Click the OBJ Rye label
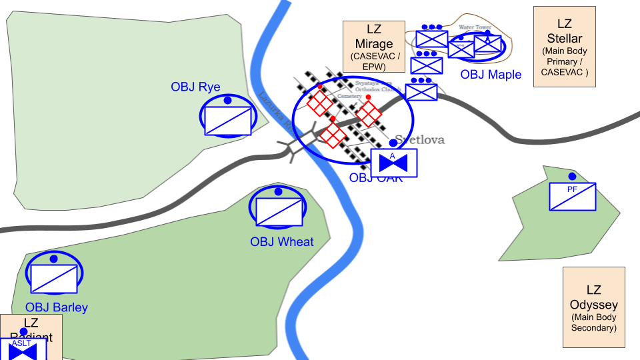pyautogui.click(x=195, y=87)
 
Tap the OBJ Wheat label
pyautogui.click(x=281, y=241)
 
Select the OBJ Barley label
pyautogui.click(x=57, y=307)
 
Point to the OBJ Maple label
pyautogui.click(x=491, y=75)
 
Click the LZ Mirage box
pyautogui.click(x=374, y=46)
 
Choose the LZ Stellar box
pyautogui.click(x=564, y=47)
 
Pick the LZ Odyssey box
pyautogui.click(x=593, y=307)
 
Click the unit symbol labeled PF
pyautogui.click(x=572, y=197)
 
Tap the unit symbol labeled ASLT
pyautogui.click(x=23, y=349)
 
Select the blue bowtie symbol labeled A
pyautogui.click(x=394, y=163)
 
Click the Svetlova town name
pyautogui.click(x=419, y=140)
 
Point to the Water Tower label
pyautogui.click(x=475, y=27)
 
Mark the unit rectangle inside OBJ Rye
pyautogui.click(x=228, y=121)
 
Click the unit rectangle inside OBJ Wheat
pyautogui.click(x=279, y=211)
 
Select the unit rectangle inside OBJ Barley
pyautogui.click(x=54, y=278)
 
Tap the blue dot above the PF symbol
pyautogui.click(x=572, y=176)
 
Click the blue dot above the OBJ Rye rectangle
pyautogui.click(x=227, y=100)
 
